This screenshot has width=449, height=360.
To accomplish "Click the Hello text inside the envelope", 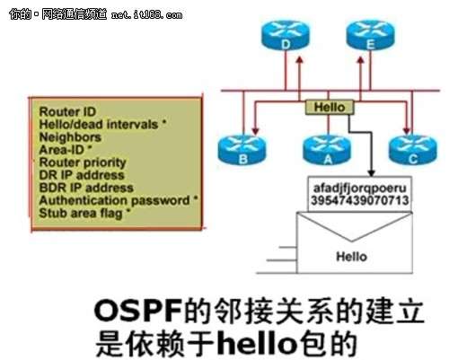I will pos(351,257).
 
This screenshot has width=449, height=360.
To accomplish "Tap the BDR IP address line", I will pos(86,189).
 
